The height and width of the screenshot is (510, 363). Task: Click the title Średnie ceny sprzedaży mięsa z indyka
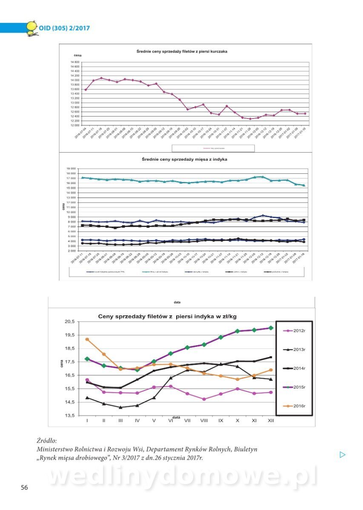(x=184, y=159)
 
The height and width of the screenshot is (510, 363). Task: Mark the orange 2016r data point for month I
(x=87, y=340)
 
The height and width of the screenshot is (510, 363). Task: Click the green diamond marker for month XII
(x=270, y=328)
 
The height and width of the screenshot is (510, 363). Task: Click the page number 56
(x=24, y=487)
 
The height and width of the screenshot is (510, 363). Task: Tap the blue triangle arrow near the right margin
(x=343, y=455)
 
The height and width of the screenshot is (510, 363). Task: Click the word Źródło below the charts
(x=46, y=441)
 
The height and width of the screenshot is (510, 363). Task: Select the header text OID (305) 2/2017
(x=64, y=28)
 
